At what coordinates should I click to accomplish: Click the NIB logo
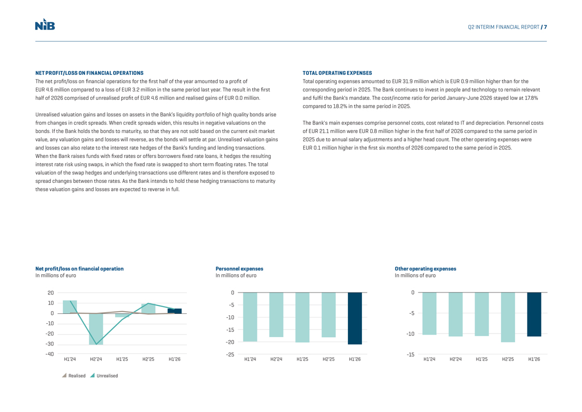pos(45,24)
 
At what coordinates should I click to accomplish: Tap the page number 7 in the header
pos(545,27)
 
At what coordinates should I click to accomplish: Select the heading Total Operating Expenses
pos(337,73)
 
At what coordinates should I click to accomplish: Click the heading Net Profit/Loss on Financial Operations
pos(89,73)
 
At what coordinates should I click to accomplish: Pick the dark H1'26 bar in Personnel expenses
pos(355,318)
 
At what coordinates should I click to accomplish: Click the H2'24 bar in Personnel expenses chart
pos(276,315)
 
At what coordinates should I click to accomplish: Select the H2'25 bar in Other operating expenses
pos(508,317)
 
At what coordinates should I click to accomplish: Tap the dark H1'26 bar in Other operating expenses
pos(534,315)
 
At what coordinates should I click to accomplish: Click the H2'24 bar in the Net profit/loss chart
pos(96,329)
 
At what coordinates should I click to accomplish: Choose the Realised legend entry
pos(74,376)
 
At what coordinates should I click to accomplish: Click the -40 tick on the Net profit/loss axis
pos(50,354)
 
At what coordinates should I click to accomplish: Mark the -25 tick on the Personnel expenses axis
pos(231,354)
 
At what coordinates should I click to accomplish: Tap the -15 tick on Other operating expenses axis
pos(410,354)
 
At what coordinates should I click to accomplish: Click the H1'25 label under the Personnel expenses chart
pos(302,359)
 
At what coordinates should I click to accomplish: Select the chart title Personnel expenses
pos(239,269)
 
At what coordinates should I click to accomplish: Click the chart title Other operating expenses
pos(425,269)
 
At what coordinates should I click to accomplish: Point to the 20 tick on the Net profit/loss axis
pos(50,293)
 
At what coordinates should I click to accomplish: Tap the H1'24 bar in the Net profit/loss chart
pos(70,307)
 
